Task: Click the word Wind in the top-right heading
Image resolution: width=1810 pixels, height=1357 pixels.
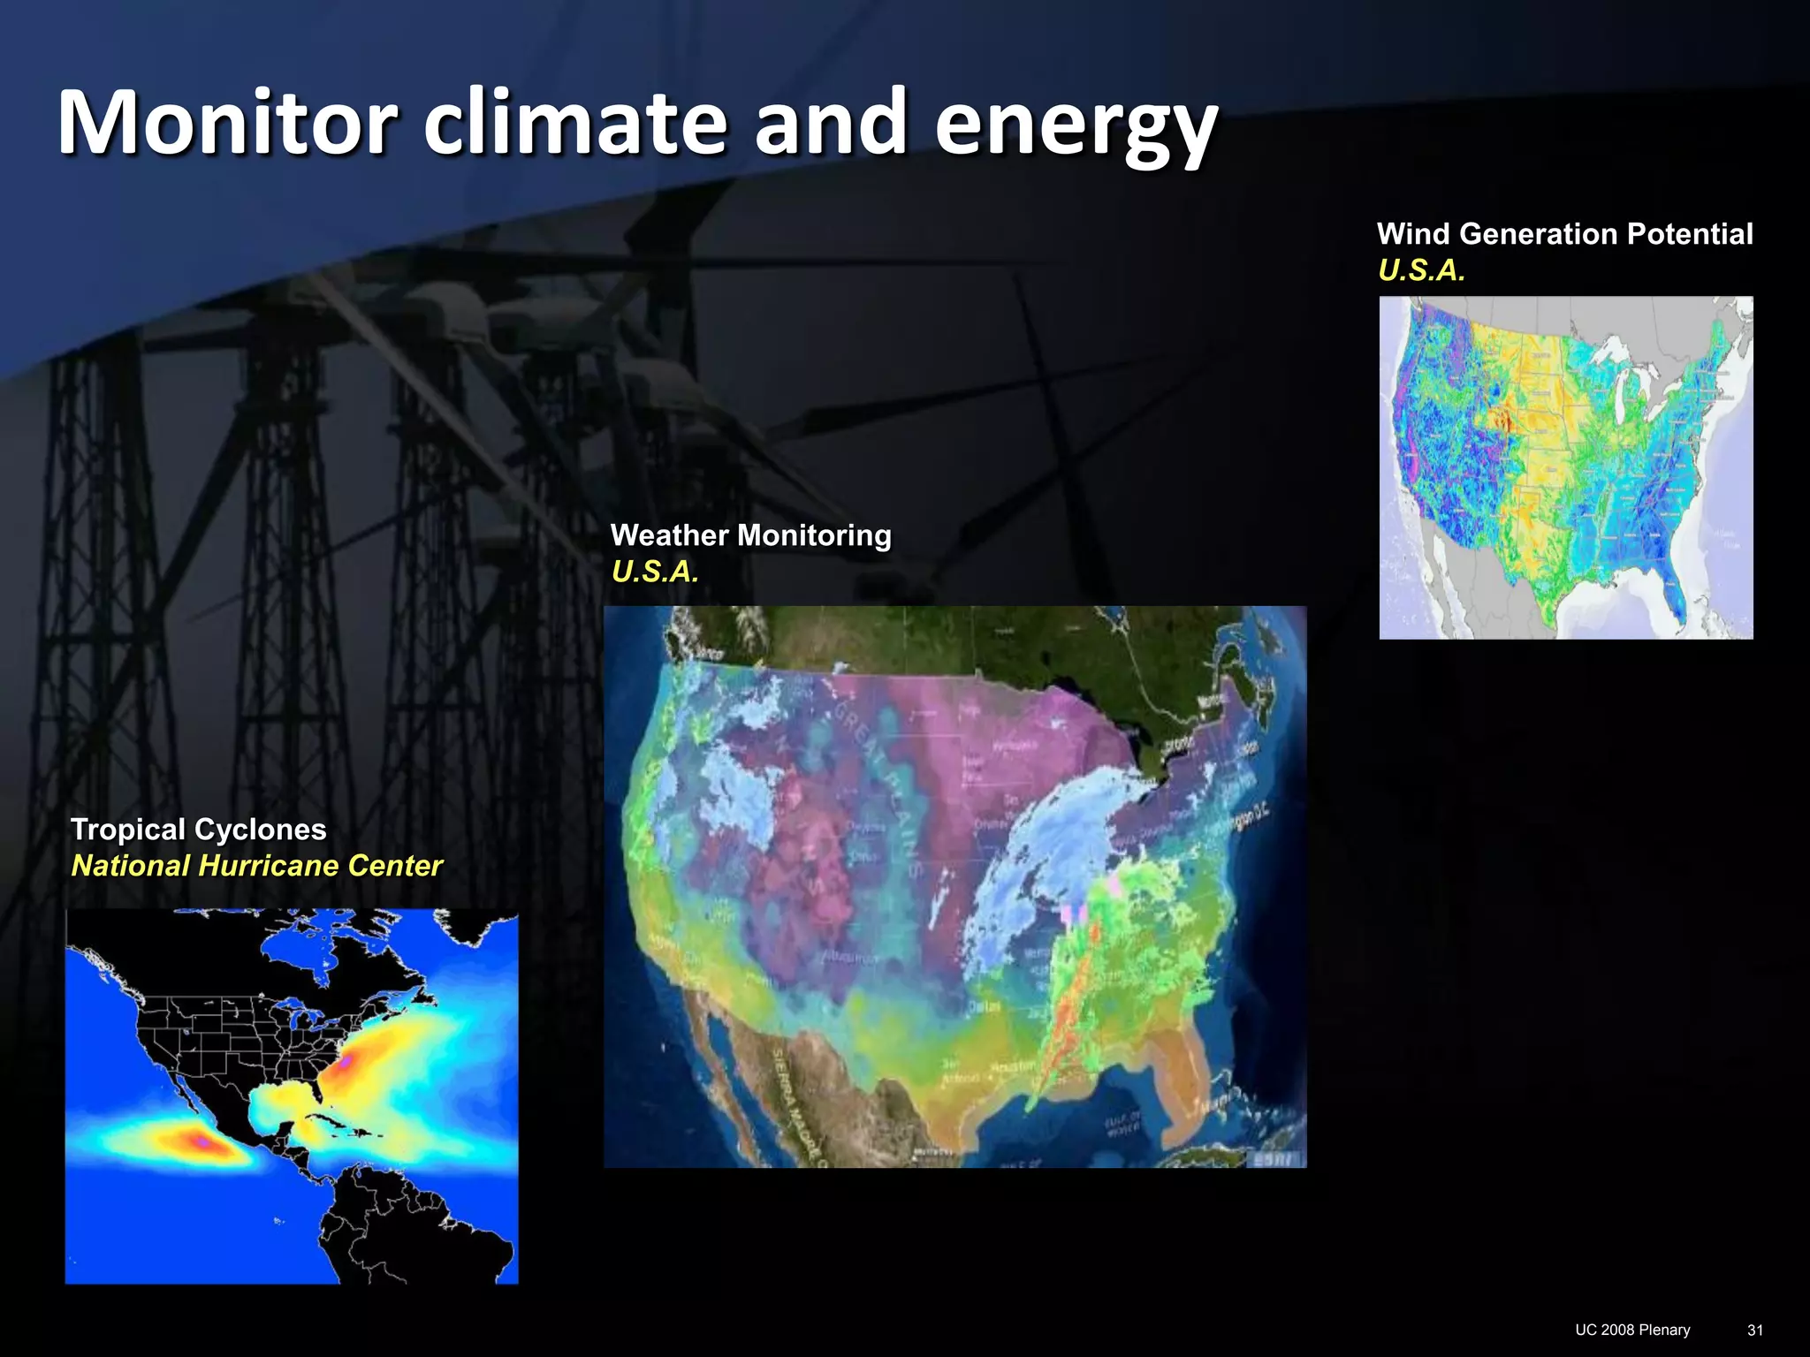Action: (1412, 234)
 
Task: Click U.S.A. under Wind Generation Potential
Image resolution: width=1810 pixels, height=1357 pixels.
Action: (1421, 270)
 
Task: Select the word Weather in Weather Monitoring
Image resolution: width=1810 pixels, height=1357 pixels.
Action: (669, 535)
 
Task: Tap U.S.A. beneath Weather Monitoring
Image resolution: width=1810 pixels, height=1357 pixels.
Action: (655, 572)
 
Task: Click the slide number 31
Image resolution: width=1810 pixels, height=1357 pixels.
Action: (1755, 1330)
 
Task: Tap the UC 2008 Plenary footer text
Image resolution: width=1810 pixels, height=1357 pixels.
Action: (1632, 1330)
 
